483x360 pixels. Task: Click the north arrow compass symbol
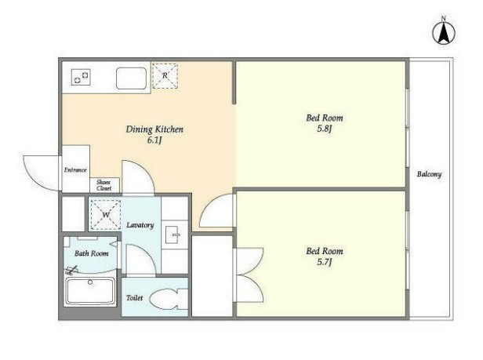click(444, 31)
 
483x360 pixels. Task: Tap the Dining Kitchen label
click(154, 129)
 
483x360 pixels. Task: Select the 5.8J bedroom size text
click(325, 129)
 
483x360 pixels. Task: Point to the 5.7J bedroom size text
click(325, 262)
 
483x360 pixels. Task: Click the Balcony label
click(429, 174)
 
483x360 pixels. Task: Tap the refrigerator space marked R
click(165, 76)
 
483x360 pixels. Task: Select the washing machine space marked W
click(106, 215)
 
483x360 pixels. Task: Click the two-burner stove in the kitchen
click(81, 77)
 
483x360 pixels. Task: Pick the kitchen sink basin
click(131, 78)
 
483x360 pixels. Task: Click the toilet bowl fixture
click(169, 299)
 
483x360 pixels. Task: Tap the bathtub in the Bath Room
click(90, 291)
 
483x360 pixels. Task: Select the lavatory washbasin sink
click(174, 235)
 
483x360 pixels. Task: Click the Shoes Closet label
click(103, 185)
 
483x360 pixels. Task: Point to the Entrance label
click(75, 170)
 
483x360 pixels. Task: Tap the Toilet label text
click(135, 298)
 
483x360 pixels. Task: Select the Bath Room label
click(92, 253)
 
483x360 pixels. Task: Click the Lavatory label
click(140, 225)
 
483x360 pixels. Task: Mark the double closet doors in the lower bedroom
click(249, 275)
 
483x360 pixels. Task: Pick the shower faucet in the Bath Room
click(71, 271)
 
